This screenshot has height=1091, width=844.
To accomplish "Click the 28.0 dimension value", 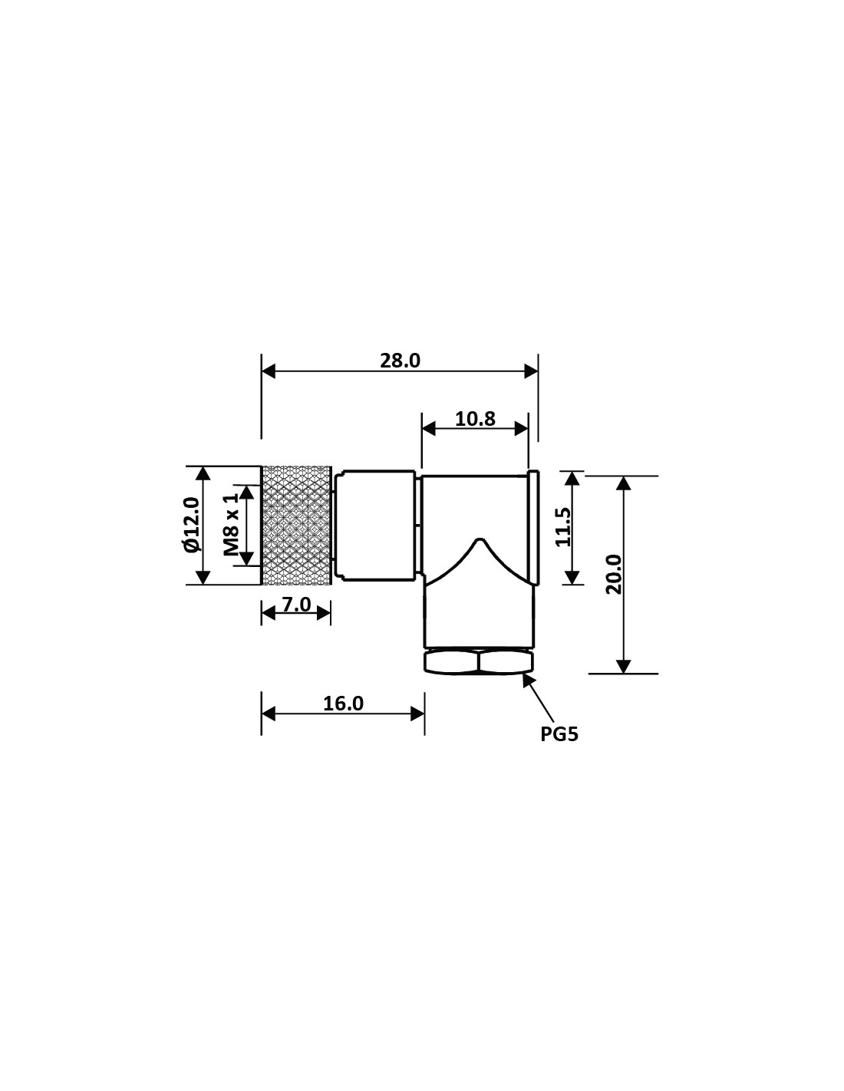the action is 400,361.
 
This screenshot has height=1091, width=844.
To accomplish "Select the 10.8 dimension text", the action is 475,419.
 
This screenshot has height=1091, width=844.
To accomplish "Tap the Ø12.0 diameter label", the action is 193,525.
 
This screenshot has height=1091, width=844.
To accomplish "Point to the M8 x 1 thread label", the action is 231,524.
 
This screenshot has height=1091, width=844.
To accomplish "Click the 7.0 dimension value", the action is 296,605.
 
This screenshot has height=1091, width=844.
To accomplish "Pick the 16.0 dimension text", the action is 343,704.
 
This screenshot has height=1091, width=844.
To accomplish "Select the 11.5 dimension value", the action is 563,526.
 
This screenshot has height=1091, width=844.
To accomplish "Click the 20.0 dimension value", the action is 614,575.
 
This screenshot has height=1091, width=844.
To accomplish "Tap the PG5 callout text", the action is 559,734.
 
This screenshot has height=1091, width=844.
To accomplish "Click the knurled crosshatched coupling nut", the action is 296,525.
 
